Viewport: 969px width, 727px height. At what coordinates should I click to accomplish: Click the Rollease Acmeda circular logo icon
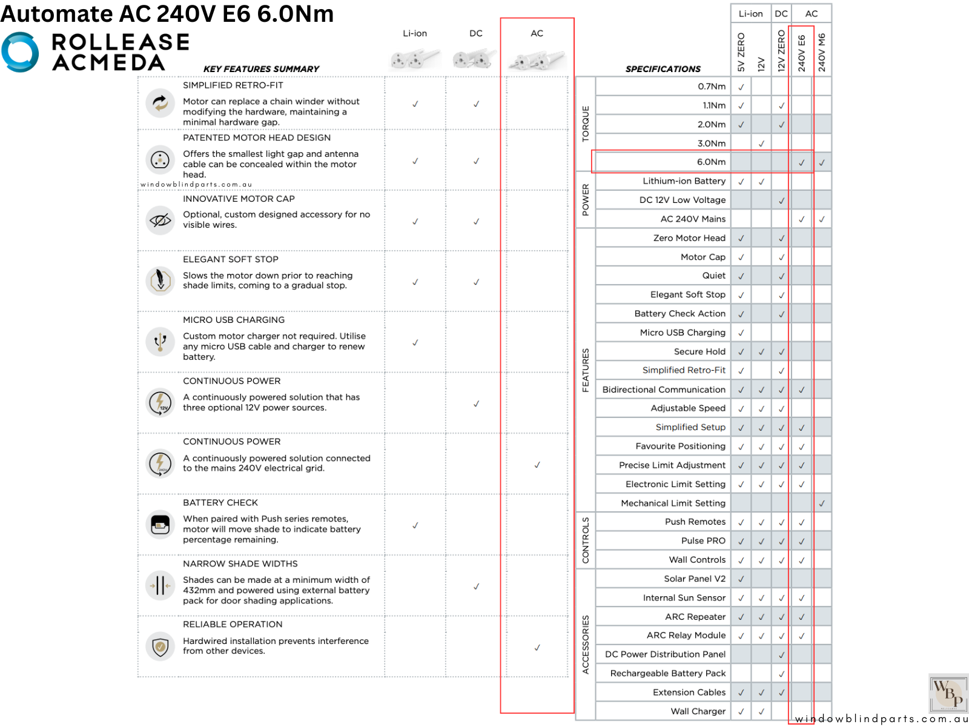pos(20,52)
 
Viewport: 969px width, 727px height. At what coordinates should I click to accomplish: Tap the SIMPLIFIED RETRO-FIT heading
pos(233,85)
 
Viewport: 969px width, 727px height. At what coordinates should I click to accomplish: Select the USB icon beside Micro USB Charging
pos(160,341)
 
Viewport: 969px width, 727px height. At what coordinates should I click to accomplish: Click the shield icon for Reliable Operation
pos(160,646)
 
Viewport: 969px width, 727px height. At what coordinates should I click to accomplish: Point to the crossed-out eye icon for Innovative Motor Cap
pos(160,220)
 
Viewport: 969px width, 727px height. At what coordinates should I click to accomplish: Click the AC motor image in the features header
pos(537,60)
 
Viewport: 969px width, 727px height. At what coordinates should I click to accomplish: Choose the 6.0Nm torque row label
pos(711,162)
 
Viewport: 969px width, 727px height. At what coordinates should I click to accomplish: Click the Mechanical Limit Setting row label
pos(673,503)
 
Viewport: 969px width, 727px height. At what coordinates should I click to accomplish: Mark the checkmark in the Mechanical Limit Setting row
pos(822,503)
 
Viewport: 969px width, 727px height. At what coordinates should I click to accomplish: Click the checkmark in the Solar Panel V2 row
pos(741,579)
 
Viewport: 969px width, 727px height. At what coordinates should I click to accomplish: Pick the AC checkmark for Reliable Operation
pos(537,648)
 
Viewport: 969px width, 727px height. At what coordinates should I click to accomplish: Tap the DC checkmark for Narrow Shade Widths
pos(476,586)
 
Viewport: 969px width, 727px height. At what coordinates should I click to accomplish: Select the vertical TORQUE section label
pos(585,124)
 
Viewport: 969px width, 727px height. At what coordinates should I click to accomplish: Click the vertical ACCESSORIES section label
pos(585,645)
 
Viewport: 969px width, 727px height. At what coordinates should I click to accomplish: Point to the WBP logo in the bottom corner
pos(948,693)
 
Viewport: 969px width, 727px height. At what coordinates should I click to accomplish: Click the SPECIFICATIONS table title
pos(663,69)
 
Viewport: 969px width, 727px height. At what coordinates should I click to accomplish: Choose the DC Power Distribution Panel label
pos(665,654)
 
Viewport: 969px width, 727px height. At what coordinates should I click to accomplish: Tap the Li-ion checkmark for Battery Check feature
pos(415,525)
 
